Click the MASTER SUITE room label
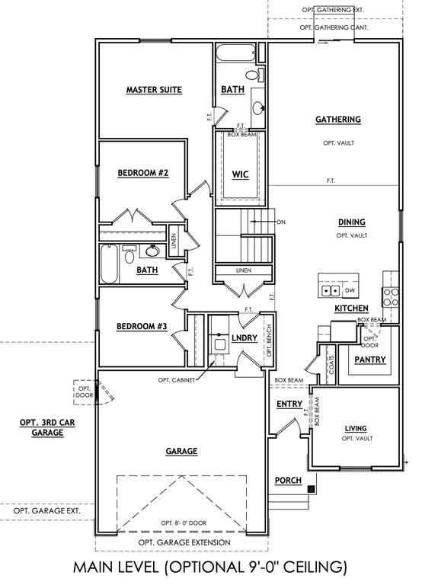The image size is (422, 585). tap(154, 90)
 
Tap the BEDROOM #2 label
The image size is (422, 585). tap(143, 173)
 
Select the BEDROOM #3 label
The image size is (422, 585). tap(142, 327)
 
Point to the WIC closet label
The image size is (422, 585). tap(240, 174)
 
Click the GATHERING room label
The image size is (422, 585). tap(338, 120)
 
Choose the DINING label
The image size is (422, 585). tap(351, 222)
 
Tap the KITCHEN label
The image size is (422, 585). tap(351, 308)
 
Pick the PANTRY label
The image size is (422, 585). tap(369, 360)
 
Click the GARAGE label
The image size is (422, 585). tap(181, 451)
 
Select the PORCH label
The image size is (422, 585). tap(288, 480)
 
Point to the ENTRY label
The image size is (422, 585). tap(289, 404)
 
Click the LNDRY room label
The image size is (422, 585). tap(245, 337)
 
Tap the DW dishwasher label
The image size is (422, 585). tap(349, 290)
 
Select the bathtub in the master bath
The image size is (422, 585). tap(236, 53)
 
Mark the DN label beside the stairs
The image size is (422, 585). tap(281, 222)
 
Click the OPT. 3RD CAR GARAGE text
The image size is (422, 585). tap(47, 427)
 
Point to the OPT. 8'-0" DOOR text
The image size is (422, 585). tap(184, 523)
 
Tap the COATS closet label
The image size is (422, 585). tap(331, 365)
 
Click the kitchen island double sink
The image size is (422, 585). tap(331, 290)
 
